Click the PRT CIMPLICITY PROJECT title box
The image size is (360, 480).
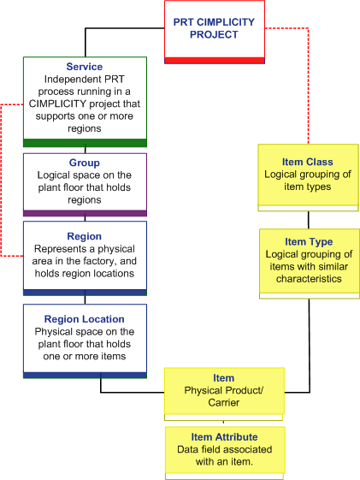[215, 32]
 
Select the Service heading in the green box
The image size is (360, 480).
[85, 67]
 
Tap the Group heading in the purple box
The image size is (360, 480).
[85, 163]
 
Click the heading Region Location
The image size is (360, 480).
[85, 319]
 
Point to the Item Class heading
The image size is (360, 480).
[307, 162]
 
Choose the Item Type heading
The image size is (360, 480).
[309, 242]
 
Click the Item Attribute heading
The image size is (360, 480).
[225, 437]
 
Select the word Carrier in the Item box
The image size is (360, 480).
[224, 402]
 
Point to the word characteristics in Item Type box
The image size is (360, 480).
[309, 279]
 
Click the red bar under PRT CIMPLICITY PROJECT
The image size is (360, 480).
[215, 61]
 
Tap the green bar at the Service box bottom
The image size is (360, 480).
[85, 143]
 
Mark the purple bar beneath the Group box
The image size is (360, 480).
[85, 213]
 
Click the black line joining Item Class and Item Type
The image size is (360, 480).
[309, 220]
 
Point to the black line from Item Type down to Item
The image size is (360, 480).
[310, 346]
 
